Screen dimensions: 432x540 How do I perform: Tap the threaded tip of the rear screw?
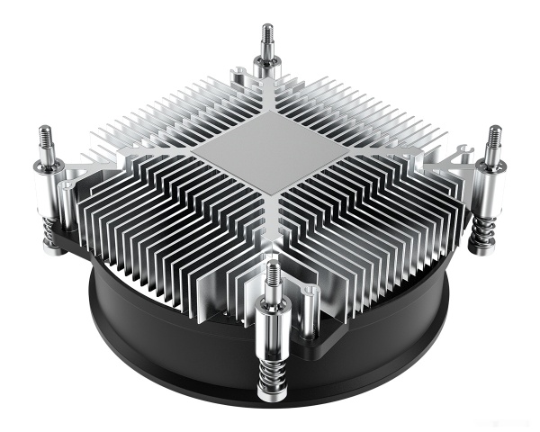point(267,37)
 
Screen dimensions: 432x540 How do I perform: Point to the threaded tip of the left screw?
point(45,139)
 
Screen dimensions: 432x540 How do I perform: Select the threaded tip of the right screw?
point(493,139)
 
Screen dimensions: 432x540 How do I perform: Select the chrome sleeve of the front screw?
point(271,324)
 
